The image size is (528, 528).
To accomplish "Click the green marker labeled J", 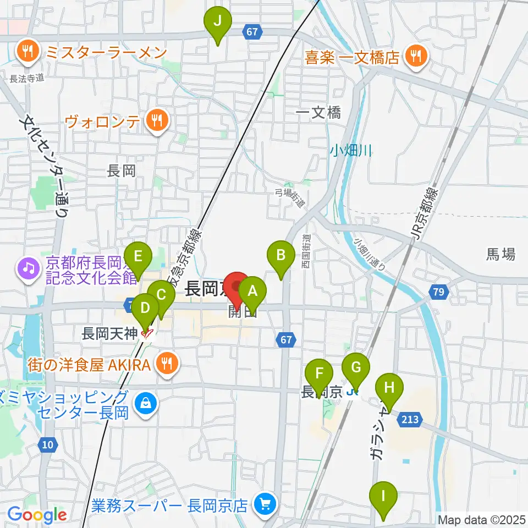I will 218,24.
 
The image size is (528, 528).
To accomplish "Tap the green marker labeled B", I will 281,256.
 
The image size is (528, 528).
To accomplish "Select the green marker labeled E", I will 138,257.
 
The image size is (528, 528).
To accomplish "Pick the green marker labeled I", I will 383,497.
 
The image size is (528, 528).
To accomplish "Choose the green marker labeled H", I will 389,389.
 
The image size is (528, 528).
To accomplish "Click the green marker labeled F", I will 319,373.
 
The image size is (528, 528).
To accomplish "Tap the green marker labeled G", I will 356,367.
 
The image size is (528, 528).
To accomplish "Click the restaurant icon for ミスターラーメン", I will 26,53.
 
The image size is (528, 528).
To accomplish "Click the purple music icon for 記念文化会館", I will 26,269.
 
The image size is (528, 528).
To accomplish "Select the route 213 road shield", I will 413,420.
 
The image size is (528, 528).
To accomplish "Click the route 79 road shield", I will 438,293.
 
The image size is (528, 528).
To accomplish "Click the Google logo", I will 37,515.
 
